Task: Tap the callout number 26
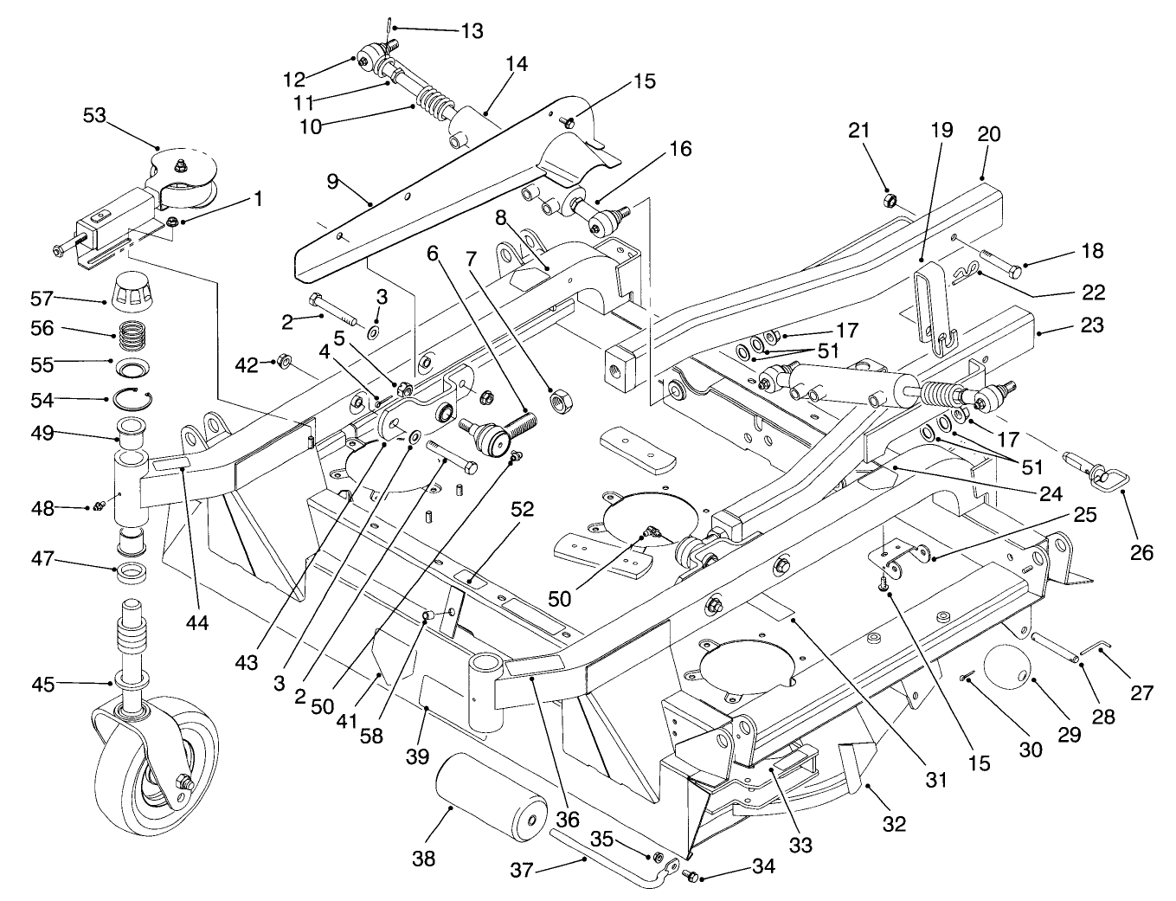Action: coord(1141,551)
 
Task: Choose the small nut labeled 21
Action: coord(889,202)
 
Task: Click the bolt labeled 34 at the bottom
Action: coord(691,876)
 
